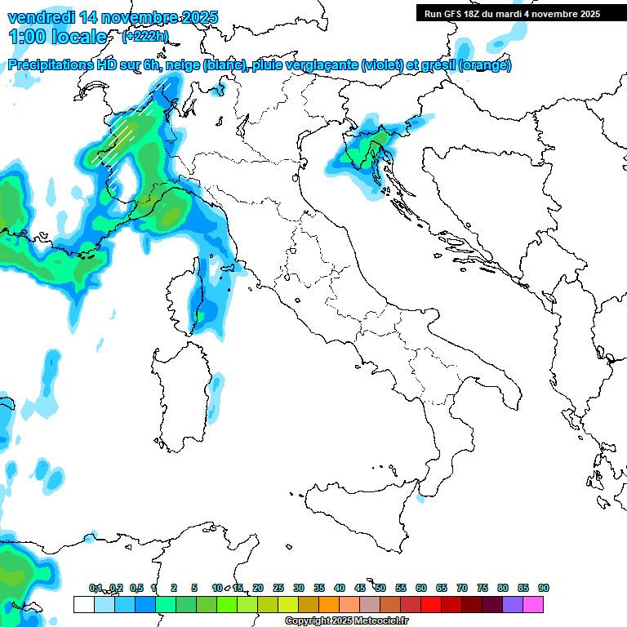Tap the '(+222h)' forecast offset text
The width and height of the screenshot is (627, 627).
coord(145,36)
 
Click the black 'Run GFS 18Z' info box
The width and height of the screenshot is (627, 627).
coord(512,13)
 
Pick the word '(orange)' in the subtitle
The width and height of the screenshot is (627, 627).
coord(485,65)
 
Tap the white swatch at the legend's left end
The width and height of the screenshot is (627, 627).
coord(83,604)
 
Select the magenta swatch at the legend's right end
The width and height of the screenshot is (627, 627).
coord(533,604)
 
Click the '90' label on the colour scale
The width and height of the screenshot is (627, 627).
coord(543,588)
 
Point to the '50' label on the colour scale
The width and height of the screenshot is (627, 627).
coord(380,588)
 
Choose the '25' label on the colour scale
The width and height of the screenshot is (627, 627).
coord(278,588)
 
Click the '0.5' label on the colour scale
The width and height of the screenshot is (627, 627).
coord(136,588)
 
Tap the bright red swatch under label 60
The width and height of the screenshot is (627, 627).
coord(431,604)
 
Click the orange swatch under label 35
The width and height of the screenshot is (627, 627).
coord(329,604)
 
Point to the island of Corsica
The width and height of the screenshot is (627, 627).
coord(185,294)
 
